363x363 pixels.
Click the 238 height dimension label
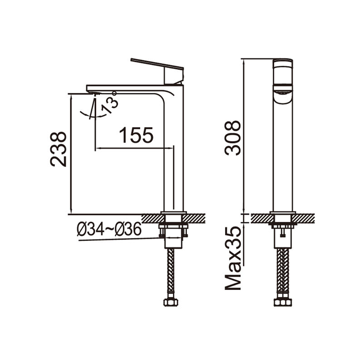[x=59, y=149]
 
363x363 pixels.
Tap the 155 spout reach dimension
[x=136, y=135]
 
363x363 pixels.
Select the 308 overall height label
[x=233, y=138]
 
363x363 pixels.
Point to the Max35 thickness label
[x=233, y=258]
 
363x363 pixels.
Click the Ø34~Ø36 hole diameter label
[x=109, y=229]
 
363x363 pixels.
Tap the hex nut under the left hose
[x=171, y=302]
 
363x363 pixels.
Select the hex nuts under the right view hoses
[x=283, y=302]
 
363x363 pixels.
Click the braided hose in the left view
[x=171, y=271]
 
